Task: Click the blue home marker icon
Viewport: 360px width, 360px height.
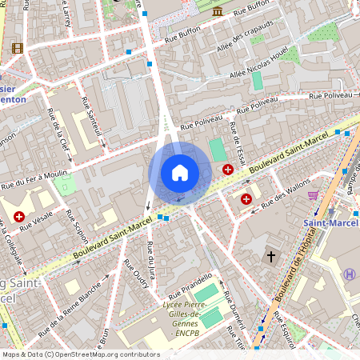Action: click(x=180, y=173)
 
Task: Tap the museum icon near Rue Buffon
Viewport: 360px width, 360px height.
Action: click(x=218, y=10)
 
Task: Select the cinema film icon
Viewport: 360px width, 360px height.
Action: click(x=18, y=48)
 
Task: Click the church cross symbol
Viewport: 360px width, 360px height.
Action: click(x=270, y=257)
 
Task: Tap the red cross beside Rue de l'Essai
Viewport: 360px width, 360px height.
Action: click(x=228, y=170)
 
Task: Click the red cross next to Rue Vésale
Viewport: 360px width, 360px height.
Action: click(x=18, y=216)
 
